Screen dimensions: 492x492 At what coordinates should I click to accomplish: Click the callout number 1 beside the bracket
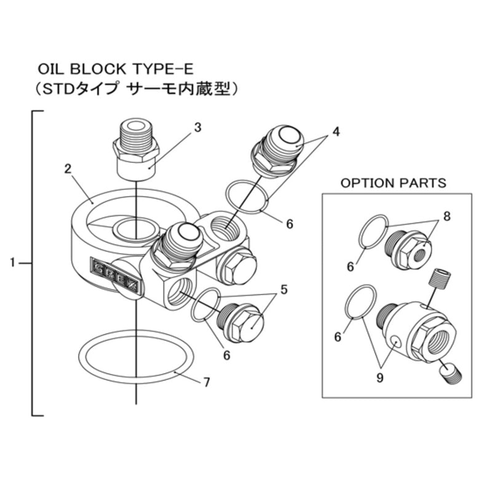click(12, 263)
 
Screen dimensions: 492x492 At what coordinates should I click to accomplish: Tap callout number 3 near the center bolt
click(197, 127)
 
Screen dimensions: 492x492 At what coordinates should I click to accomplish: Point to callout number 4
click(336, 131)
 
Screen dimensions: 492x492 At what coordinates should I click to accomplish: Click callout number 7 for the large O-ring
click(207, 382)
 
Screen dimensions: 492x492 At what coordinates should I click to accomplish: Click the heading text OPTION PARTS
click(393, 183)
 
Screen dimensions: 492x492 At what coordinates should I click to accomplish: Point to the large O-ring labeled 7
click(136, 356)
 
